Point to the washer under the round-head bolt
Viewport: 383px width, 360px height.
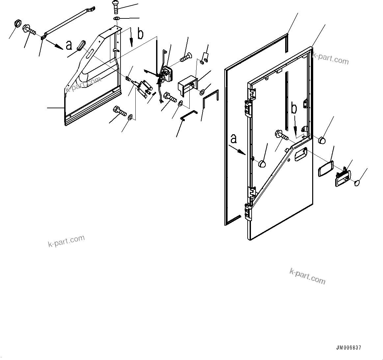tap(117, 18)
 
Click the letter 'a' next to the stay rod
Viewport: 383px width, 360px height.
tap(69, 45)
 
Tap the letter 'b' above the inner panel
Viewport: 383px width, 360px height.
tap(140, 34)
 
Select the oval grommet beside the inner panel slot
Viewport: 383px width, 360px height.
tap(81, 45)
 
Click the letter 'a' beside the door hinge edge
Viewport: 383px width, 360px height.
tap(233, 139)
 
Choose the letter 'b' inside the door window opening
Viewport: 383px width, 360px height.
tap(295, 109)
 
